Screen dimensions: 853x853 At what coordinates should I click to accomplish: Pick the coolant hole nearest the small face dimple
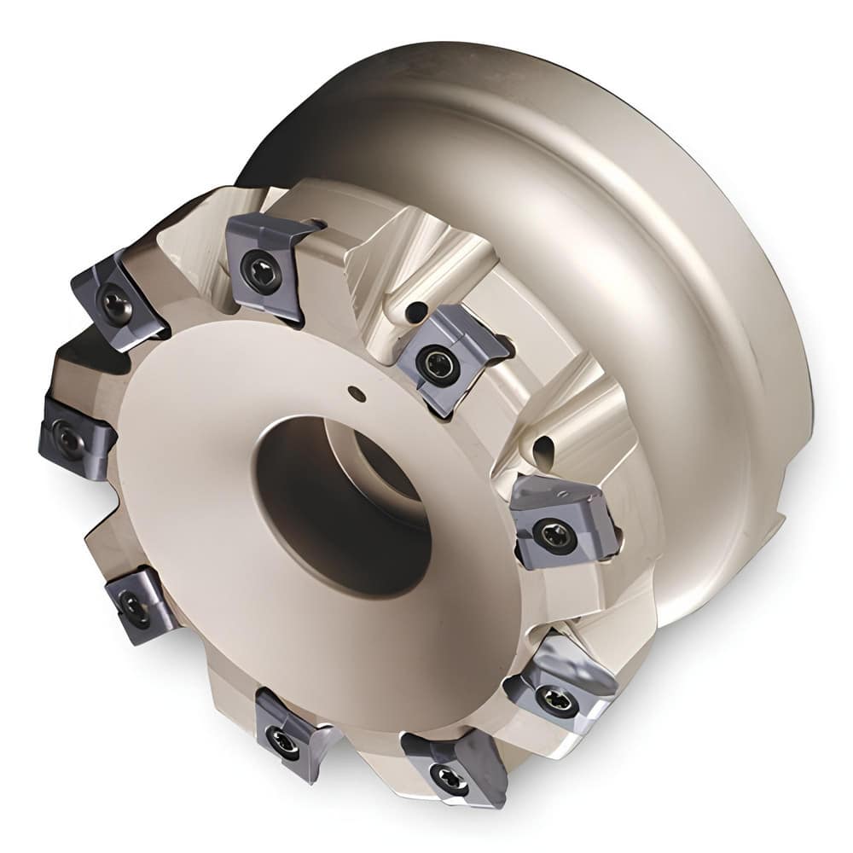415,313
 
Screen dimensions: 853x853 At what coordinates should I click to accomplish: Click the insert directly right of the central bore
559,525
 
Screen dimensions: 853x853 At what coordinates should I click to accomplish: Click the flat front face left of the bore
188,478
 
